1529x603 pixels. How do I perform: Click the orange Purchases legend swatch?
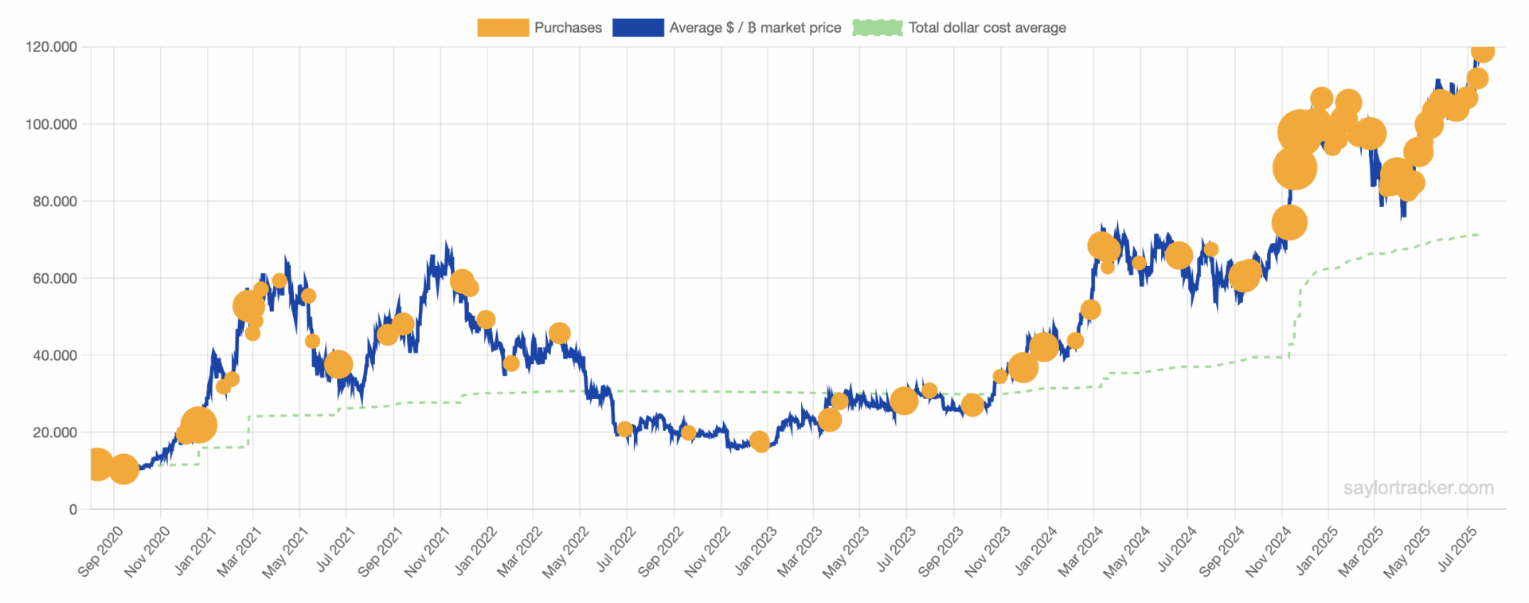(502, 28)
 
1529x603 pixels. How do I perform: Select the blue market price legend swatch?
(637, 28)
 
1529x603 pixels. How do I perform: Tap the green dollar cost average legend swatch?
(878, 28)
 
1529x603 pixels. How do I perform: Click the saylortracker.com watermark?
(1418, 487)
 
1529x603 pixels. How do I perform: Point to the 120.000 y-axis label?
(52, 47)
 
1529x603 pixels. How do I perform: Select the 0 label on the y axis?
(73, 509)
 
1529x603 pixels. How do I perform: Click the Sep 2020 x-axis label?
(100, 550)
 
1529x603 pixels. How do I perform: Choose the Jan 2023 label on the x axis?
(755, 550)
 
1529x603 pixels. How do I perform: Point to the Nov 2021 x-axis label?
(427, 550)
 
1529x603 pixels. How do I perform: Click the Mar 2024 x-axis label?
(1081, 550)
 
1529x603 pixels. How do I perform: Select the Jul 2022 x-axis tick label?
(616, 550)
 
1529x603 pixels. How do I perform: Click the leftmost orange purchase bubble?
(97, 464)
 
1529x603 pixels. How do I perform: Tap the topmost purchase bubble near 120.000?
(1482, 52)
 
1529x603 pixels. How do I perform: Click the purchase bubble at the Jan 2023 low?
(760, 441)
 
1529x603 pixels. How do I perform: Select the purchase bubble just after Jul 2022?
(624, 429)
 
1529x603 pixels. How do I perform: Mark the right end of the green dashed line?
(1478, 234)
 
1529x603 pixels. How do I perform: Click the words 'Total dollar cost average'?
(987, 28)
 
